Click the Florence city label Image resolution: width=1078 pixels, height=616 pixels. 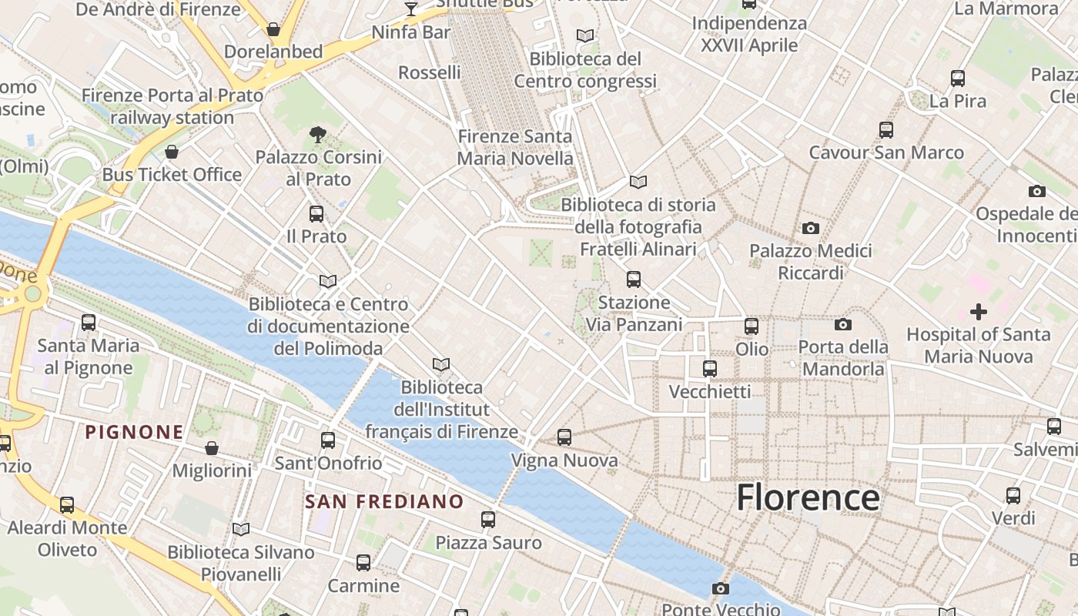808,497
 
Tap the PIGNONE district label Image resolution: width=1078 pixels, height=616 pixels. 135,432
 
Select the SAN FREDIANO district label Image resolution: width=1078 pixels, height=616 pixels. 384,502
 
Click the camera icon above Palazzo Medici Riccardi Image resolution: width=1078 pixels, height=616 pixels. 810,228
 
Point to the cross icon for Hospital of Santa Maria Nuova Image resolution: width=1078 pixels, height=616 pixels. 978,312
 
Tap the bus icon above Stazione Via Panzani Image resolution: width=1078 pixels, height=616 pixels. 634,280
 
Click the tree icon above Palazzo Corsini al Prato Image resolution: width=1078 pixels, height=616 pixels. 317,135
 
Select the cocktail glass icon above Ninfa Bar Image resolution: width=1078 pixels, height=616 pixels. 411,9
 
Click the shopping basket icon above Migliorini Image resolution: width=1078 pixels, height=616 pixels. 212,448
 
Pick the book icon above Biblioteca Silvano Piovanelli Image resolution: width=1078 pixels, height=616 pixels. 241,530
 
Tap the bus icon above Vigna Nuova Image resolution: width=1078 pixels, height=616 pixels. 564,437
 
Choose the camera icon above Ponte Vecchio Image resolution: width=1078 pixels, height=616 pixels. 721,589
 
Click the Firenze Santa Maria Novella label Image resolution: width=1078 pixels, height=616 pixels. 515,148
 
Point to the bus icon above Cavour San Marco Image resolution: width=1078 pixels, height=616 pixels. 886,129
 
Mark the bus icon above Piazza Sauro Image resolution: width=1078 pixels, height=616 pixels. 488,520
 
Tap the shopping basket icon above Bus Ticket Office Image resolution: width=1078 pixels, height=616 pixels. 172,152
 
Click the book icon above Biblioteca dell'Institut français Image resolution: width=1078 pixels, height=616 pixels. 441,364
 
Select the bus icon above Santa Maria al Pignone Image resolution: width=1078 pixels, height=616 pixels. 89,323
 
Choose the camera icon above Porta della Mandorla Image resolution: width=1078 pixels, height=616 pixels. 843,325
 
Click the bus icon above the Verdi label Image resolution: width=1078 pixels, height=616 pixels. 1013,495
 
